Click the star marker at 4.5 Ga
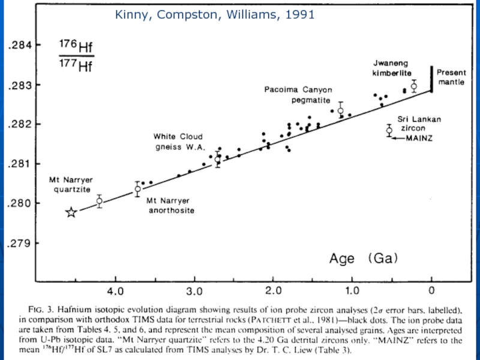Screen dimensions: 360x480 (71, 212)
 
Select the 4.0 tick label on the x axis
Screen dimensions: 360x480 (115, 292)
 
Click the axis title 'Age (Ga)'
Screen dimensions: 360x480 (364, 259)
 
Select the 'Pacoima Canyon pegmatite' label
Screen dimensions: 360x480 (298, 95)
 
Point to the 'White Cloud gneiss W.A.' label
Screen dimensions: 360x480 (179, 141)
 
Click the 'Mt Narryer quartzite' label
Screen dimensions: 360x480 (70, 184)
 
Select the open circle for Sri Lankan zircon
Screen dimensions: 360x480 (389, 130)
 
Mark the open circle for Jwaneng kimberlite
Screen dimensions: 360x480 (414, 86)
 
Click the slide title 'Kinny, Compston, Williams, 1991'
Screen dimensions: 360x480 (215, 15)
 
